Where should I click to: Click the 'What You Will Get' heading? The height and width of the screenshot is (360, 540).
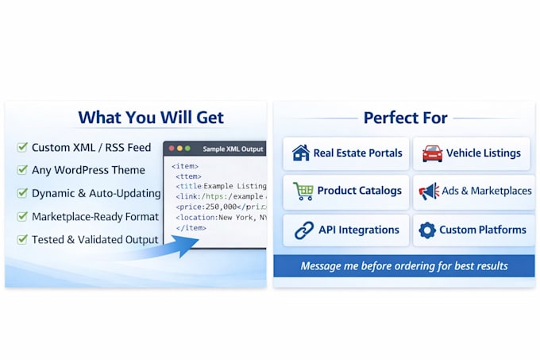(x=151, y=118)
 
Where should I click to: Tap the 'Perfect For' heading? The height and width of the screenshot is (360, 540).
(x=405, y=118)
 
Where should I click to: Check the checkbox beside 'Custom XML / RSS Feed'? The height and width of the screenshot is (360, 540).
(x=22, y=147)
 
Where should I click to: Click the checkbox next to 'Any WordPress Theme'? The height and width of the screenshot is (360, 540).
(x=22, y=169)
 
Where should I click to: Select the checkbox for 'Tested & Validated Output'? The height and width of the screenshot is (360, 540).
(x=22, y=239)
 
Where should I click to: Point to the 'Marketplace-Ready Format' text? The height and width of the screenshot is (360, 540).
(x=95, y=217)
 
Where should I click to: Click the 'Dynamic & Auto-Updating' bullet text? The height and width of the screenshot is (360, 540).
(x=96, y=193)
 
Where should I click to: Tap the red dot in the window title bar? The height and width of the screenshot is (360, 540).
(x=172, y=149)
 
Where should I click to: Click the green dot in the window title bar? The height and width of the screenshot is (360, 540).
(x=187, y=149)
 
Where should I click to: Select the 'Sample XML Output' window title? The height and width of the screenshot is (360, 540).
(x=233, y=149)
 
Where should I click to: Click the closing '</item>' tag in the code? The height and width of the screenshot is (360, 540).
(x=191, y=228)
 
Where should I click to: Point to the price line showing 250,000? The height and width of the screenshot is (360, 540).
(x=221, y=207)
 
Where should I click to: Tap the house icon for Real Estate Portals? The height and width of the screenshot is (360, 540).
(x=301, y=153)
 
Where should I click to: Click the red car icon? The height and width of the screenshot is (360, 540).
(x=433, y=153)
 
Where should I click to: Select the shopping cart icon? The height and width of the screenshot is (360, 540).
(x=303, y=191)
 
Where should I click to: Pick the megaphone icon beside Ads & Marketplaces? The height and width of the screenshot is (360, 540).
(x=429, y=192)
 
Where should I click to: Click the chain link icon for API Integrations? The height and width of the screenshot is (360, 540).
(x=304, y=230)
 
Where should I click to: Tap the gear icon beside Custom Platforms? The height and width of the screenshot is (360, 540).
(x=427, y=230)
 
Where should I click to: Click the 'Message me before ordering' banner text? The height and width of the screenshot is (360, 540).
(x=404, y=266)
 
